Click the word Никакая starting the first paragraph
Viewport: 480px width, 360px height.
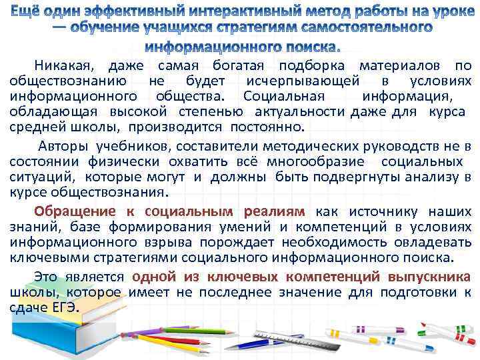65,65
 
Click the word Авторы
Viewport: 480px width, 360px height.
64,147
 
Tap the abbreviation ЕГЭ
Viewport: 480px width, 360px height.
64,308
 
